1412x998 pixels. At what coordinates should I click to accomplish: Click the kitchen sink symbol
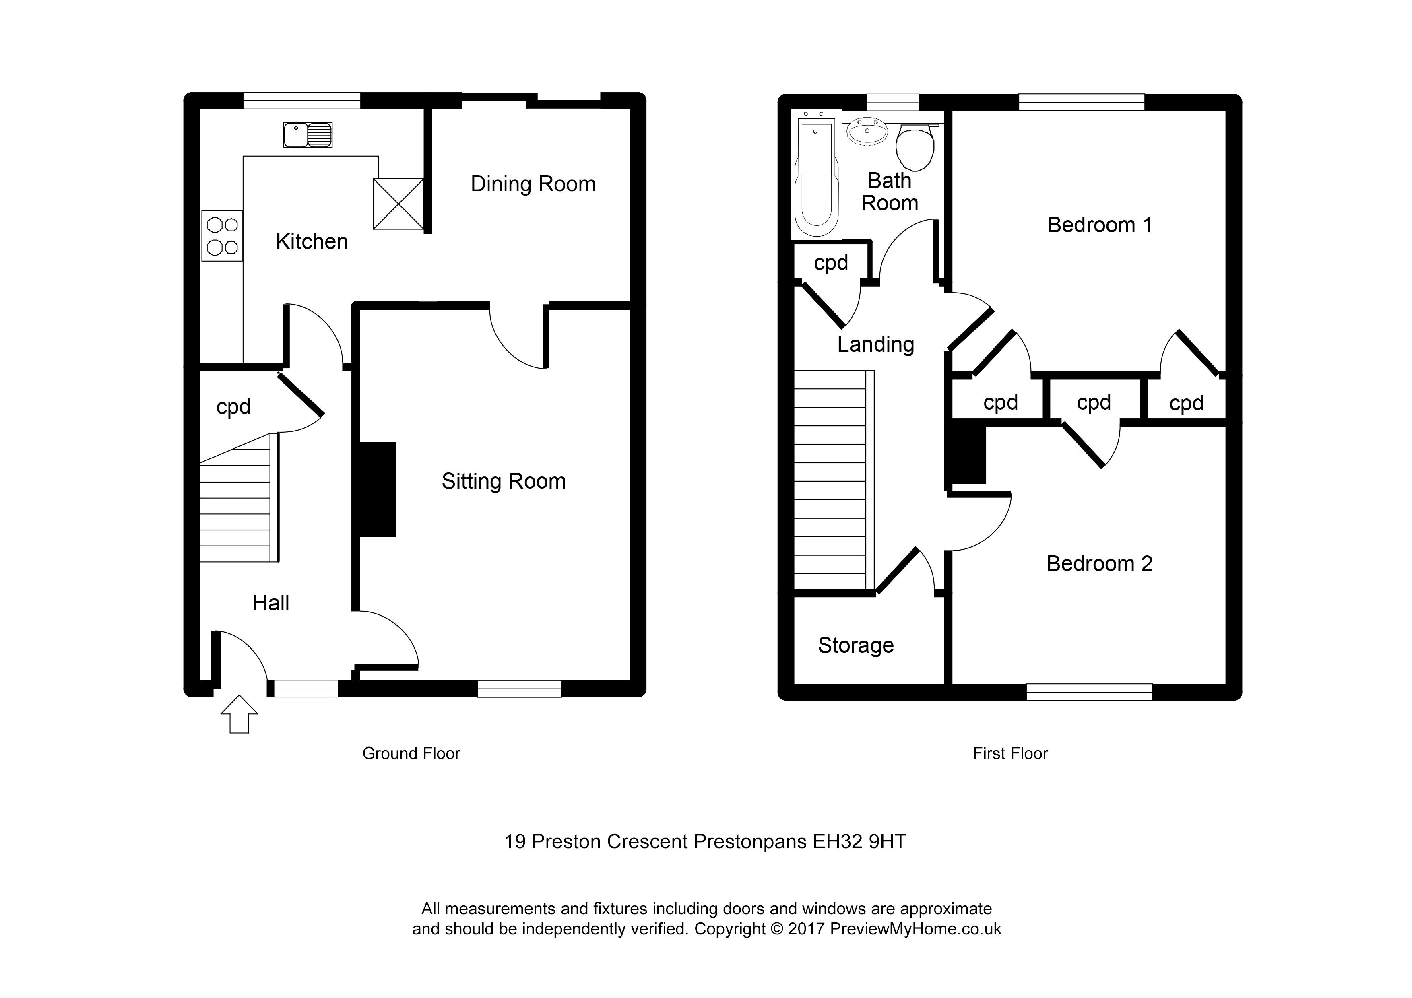coord(308,135)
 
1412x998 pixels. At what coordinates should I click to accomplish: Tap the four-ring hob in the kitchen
coord(222,236)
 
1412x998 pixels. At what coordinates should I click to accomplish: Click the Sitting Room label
coord(503,481)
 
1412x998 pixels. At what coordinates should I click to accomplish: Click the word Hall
coord(270,603)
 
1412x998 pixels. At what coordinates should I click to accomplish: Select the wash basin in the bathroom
coord(867,132)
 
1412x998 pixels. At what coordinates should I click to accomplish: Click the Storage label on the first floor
coord(855,645)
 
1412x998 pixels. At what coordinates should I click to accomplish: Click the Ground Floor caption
coord(411,753)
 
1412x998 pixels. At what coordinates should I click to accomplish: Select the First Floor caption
coord(1010,753)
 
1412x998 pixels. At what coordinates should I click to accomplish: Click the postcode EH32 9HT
coord(859,841)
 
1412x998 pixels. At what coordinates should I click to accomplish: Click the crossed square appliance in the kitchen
coord(398,204)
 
